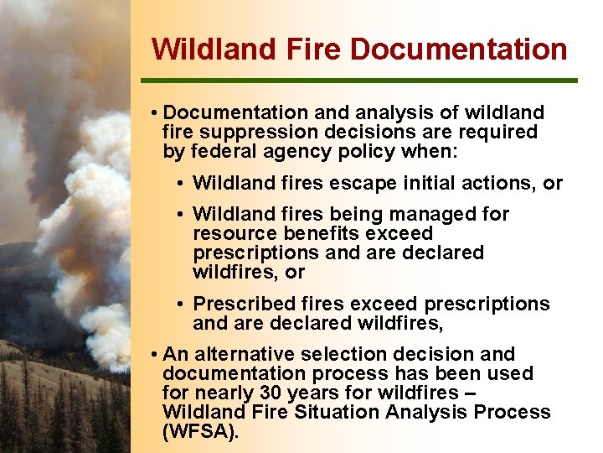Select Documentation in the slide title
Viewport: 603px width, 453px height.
(458, 49)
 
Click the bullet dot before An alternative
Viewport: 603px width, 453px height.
(156, 355)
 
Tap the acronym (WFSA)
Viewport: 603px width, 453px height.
(201, 431)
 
